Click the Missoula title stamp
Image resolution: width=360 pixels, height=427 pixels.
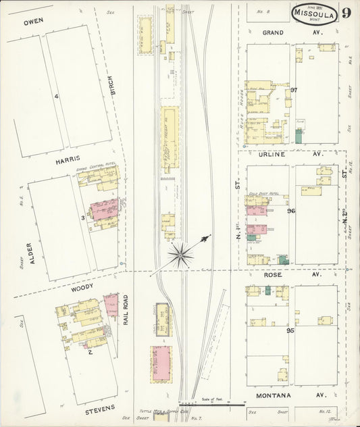(x=315, y=13)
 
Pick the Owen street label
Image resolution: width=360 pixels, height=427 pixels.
(x=33, y=22)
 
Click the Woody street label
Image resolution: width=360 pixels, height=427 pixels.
(x=82, y=286)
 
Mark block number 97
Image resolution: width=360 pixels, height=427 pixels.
(x=294, y=90)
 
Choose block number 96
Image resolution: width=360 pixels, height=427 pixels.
(x=291, y=211)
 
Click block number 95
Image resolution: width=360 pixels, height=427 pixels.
(x=290, y=330)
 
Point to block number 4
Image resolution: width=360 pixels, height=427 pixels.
(x=57, y=96)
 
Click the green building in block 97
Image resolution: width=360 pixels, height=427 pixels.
(x=298, y=135)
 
